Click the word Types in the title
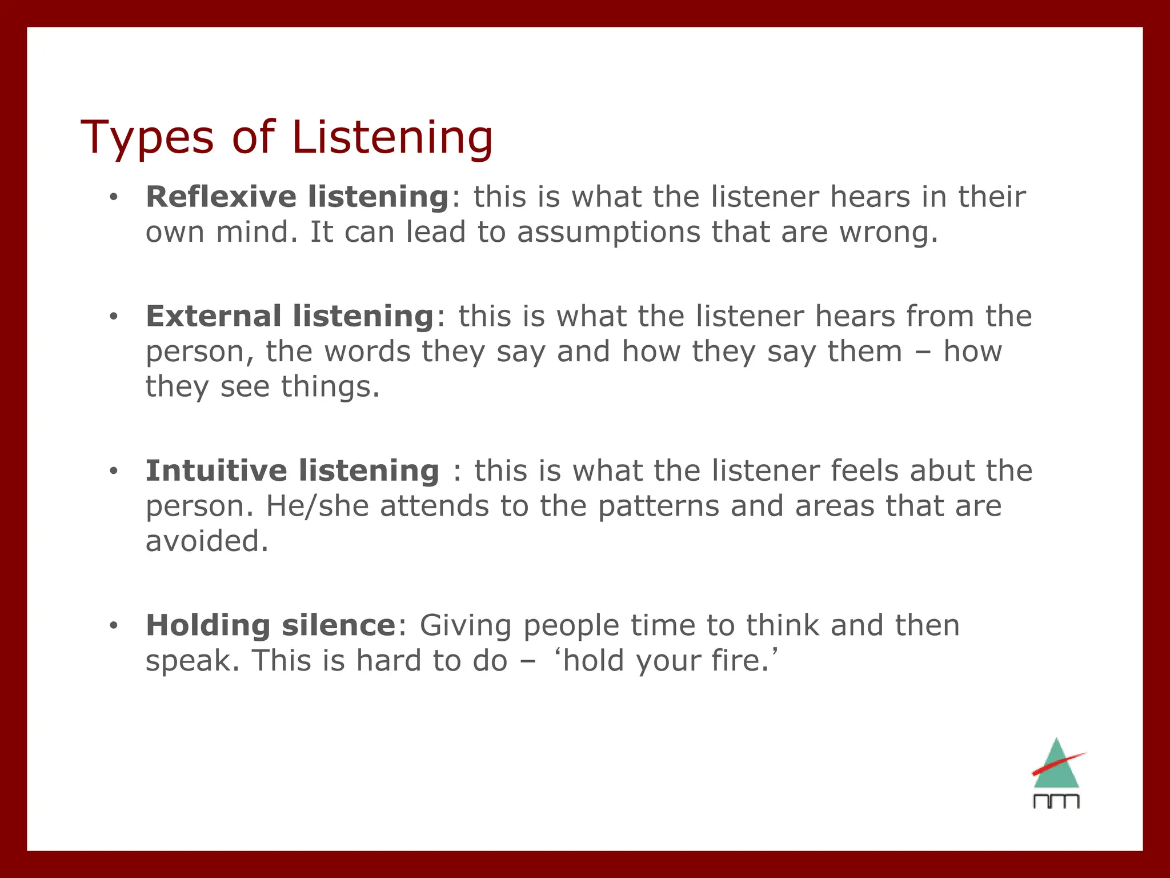click(x=147, y=138)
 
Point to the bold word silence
click(x=339, y=625)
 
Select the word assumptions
click(x=608, y=232)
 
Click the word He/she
click(x=317, y=506)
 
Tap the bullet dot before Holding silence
click(x=114, y=626)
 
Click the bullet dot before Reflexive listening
click(x=114, y=197)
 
